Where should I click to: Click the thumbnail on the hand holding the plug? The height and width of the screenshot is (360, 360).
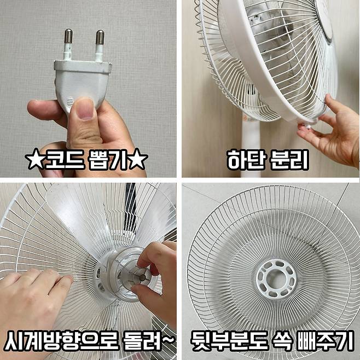pos(85,109)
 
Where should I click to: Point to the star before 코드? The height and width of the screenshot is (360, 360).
pos(34,159)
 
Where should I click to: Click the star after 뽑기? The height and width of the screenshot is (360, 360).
pos(138,159)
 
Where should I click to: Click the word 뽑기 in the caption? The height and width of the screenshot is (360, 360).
pos(108,159)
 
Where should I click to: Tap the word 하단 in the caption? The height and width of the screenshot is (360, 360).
pos(246,160)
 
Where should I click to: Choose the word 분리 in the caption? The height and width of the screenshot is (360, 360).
pos(289,160)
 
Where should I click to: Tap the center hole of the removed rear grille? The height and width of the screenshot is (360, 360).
pos(276,279)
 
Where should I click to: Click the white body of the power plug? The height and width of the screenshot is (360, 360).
pos(82,83)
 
